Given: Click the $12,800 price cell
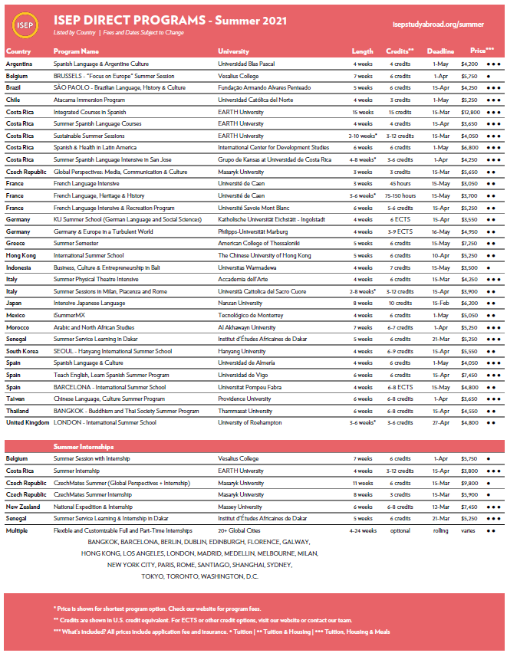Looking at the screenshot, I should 469,112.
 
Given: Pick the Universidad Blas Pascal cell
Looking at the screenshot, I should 248,64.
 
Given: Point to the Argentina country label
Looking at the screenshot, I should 18,64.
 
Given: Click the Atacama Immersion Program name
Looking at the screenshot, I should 90,100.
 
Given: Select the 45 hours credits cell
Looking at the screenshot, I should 400,184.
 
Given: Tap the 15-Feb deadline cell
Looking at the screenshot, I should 440,303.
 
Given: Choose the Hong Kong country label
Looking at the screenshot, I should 20,255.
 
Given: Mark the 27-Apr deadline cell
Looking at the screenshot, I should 440,422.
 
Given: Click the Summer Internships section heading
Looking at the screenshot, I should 84,446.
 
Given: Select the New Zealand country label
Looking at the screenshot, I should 23,507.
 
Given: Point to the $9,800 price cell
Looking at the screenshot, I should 469,483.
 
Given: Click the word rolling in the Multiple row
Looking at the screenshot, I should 440,530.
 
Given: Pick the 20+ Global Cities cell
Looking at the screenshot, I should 240,530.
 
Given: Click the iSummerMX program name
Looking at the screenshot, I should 71,315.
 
